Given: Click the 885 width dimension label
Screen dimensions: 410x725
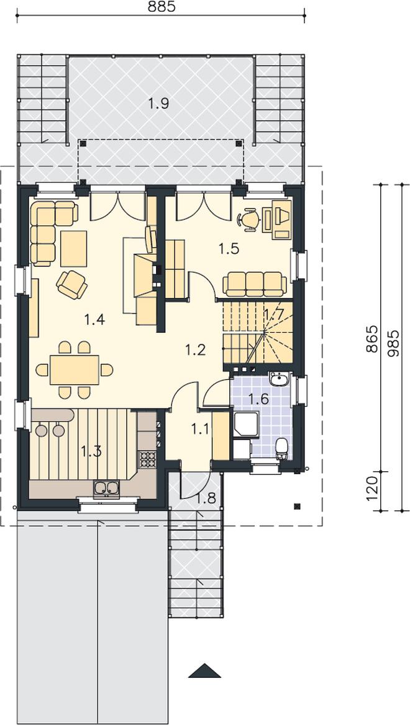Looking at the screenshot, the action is (x=162, y=7).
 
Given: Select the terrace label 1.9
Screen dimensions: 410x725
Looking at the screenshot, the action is (x=158, y=104).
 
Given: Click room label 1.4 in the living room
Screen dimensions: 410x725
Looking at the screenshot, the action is (x=94, y=319).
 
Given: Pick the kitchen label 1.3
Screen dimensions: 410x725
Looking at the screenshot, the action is (x=91, y=451).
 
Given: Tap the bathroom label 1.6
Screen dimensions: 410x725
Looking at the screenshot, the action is (x=258, y=399).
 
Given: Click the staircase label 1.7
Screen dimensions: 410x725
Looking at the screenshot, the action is (x=273, y=315).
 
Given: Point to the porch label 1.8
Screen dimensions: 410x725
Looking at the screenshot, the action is (x=205, y=499).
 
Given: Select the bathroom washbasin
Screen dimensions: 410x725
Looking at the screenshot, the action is (x=279, y=379).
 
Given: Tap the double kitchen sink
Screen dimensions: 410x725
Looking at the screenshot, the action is (x=106, y=489).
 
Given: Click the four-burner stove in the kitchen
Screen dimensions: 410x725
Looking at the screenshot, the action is (x=148, y=459).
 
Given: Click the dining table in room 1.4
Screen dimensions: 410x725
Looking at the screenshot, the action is (x=75, y=370).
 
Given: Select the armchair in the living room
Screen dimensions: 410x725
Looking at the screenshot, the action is (x=71, y=284).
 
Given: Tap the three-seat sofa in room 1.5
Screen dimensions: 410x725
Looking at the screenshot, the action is (x=254, y=284).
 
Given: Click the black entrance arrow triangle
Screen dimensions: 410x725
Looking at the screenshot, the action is (x=205, y=671).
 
